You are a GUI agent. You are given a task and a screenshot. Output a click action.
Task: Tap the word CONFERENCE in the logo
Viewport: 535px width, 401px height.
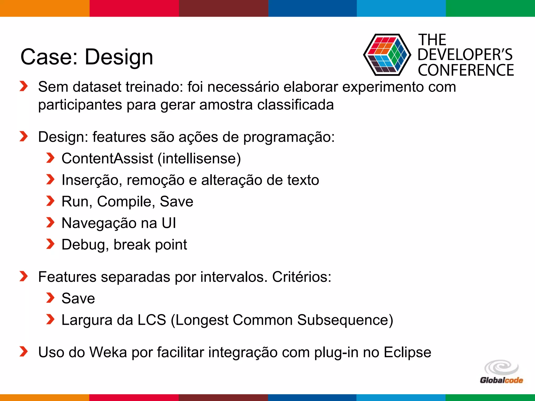click(x=466, y=70)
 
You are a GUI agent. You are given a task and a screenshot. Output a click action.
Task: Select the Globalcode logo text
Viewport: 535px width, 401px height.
click(x=501, y=380)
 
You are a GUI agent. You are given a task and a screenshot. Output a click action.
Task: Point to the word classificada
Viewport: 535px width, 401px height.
click(x=295, y=105)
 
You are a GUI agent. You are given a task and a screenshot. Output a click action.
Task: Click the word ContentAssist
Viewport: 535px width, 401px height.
click(x=107, y=158)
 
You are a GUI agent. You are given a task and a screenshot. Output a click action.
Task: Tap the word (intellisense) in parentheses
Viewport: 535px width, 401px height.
click(x=199, y=158)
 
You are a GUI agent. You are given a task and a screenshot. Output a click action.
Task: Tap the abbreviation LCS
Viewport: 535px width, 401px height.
click(x=152, y=320)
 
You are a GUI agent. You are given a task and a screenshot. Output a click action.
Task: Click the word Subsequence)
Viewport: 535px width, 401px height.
click(x=345, y=320)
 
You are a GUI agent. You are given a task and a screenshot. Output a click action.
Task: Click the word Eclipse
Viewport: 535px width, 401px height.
click(x=407, y=352)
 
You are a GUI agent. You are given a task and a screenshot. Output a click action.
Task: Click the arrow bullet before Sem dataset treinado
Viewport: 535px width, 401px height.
click(x=24, y=86)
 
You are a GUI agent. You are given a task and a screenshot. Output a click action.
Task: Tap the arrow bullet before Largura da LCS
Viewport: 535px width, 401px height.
click(x=50, y=319)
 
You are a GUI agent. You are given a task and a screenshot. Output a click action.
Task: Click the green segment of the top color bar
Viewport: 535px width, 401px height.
click(x=490, y=8)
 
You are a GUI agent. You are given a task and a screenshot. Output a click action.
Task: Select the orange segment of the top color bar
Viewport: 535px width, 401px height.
click(x=44, y=8)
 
